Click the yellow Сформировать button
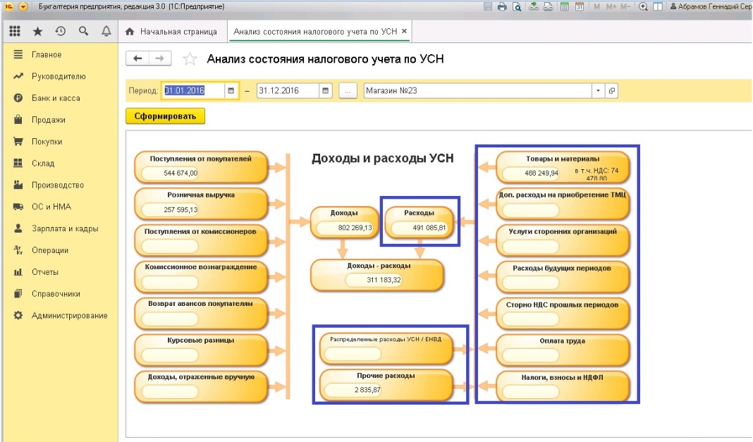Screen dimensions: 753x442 [165, 116]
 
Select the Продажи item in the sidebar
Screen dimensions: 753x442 [49, 120]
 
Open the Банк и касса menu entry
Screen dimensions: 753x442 [56, 98]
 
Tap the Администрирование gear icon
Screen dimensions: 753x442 [18, 315]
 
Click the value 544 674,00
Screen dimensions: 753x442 [180, 173]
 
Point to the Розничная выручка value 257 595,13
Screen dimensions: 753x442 [180, 210]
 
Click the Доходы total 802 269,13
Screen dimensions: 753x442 [355, 228]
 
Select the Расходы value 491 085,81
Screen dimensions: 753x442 [429, 228]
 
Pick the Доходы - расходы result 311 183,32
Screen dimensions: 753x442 [384, 280]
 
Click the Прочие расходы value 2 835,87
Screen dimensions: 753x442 [367, 390]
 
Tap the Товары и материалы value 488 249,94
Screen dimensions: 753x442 [541, 173]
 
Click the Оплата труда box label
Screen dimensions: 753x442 [562, 340]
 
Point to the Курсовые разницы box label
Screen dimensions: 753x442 [201, 340]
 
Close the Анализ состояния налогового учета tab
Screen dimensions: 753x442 [405, 31]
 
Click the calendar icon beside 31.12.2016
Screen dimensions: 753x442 [326, 91]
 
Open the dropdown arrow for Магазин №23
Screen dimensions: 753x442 [598, 91]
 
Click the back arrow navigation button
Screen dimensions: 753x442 [137, 59]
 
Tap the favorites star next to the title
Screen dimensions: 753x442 [190, 59]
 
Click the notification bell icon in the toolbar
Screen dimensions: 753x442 [106, 31]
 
